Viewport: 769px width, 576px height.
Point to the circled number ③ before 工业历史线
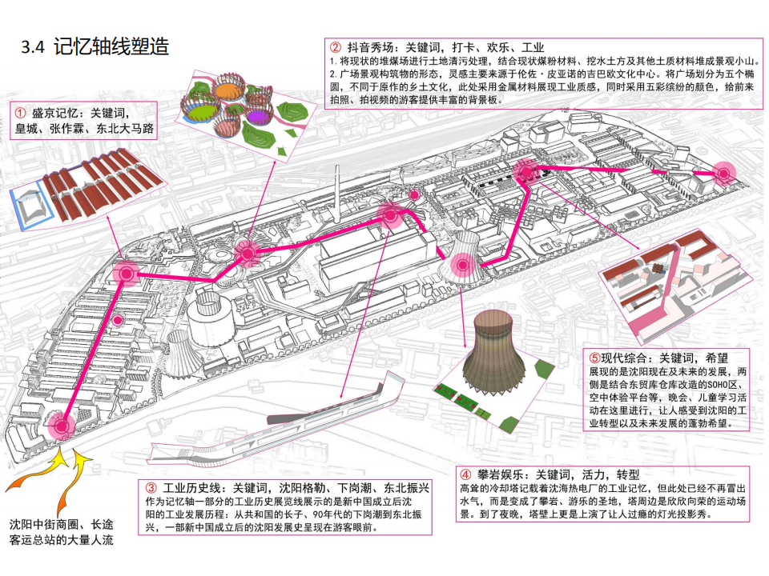[151, 487]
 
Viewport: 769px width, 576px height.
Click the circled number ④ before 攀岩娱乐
[465, 474]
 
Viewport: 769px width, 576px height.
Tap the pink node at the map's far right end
[723, 172]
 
